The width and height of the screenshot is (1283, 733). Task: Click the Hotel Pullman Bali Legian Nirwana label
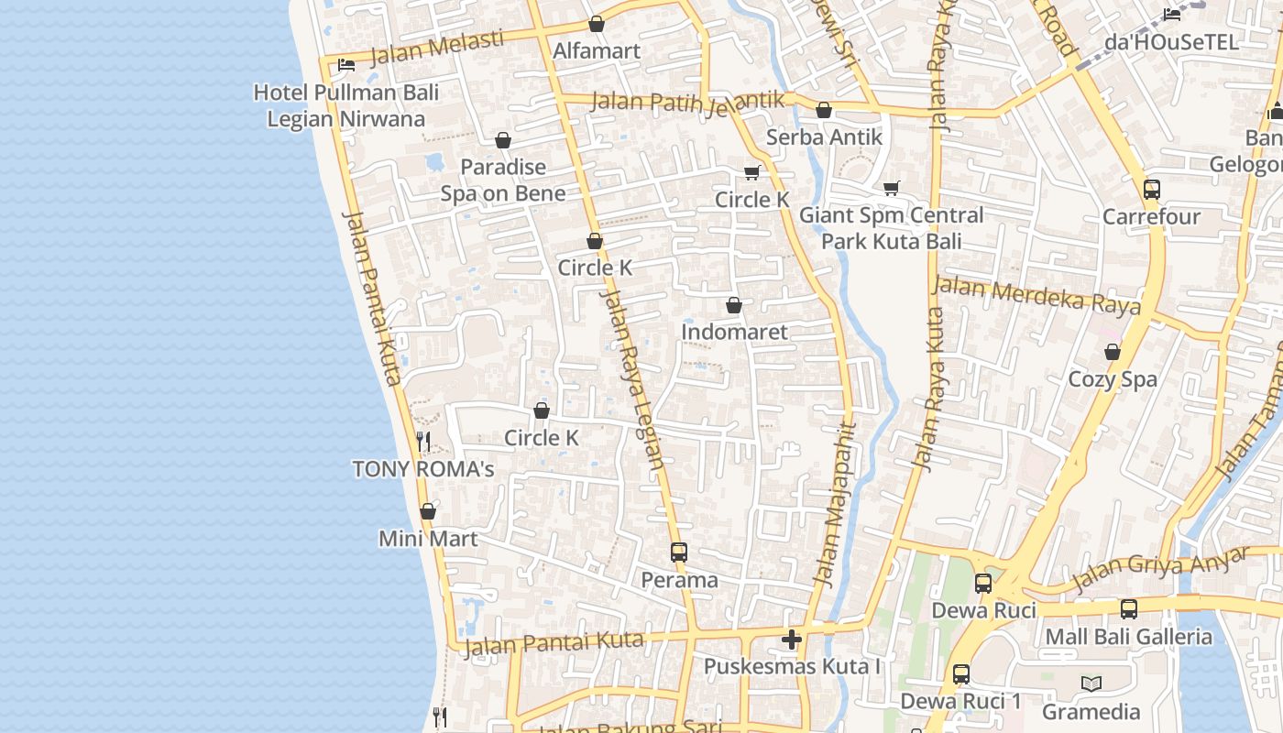[346, 105]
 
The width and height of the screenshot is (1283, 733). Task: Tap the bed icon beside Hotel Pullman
[346, 64]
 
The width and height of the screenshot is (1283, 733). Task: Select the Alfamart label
[597, 50]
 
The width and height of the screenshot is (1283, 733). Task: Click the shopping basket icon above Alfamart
[597, 24]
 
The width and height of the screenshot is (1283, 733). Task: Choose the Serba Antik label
[824, 137]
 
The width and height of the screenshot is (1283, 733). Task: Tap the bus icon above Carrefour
[1152, 190]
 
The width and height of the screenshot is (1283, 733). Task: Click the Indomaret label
[734, 332]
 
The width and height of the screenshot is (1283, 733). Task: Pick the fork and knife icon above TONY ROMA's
[423, 442]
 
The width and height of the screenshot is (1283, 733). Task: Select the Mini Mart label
[428, 538]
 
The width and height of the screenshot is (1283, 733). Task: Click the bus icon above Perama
[679, 552]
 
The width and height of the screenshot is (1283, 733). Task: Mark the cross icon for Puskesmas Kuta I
[793, 640]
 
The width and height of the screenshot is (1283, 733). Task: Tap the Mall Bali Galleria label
[1128, 636]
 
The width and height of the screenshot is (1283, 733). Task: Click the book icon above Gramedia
[1091, 684]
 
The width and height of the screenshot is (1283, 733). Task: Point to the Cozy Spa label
[1113, 378]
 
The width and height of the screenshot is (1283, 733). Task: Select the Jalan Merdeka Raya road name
[1036, 295]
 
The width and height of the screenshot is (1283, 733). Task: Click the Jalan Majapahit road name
[837, 504]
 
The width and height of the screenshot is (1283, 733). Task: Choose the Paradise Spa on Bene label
[503, 181]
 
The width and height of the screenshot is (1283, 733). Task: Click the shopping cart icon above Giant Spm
[892, 188]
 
